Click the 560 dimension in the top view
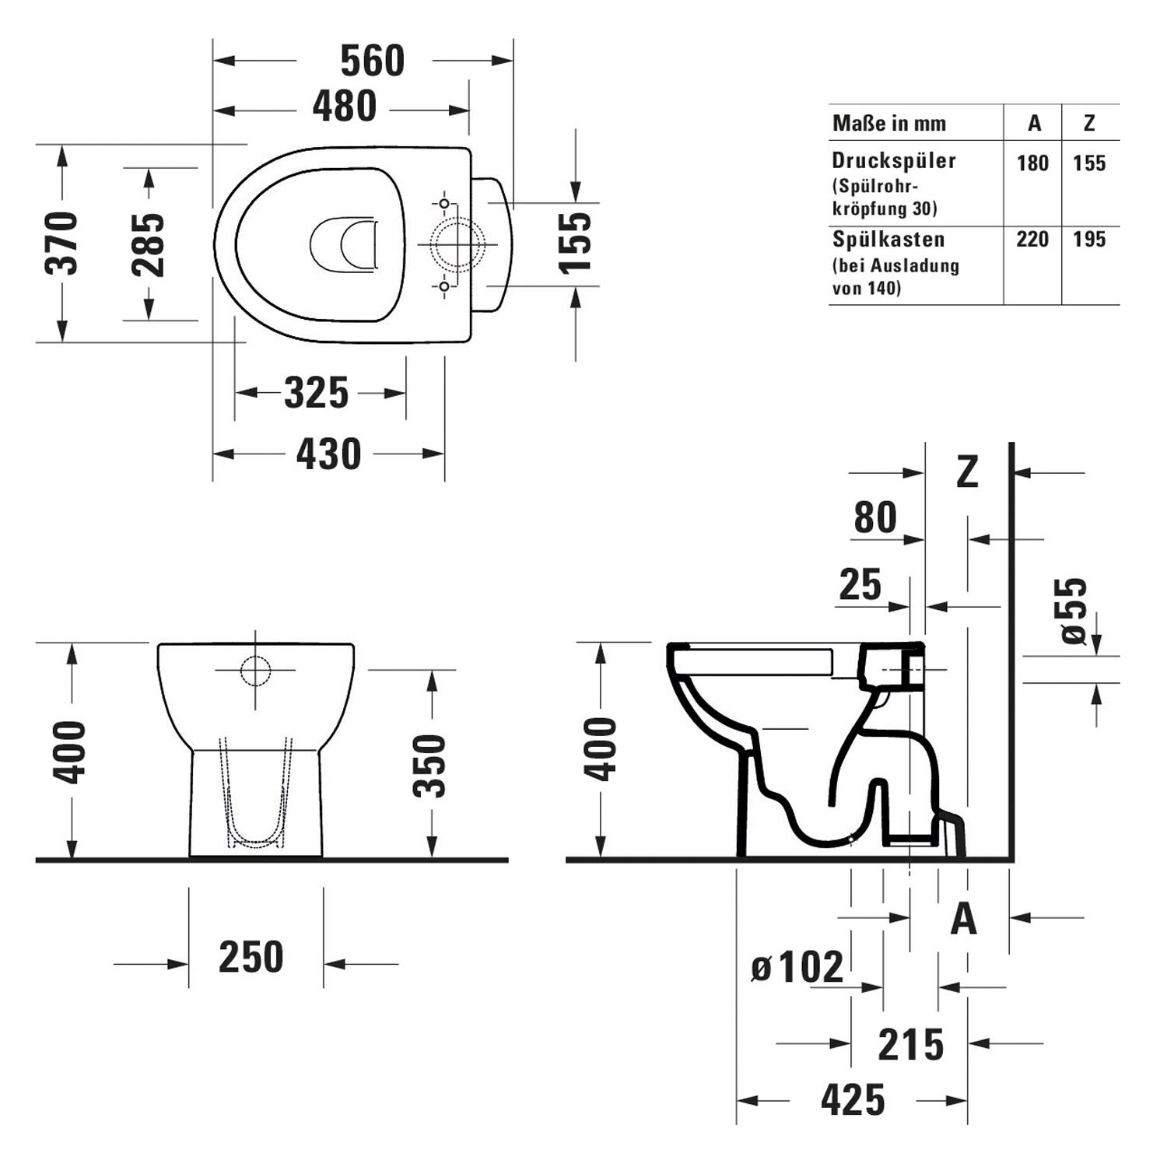pyautogui.click(x=373, y=61)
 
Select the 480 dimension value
pyautogui.click(x=345, y=107)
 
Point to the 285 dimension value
pyautogui.click(x=148, y=244)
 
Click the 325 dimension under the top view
pyautogui.click(x=316, y=393)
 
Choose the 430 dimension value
pyautogui.click(x=328, y=454)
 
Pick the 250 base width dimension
pyautogui.click(x=251, y=957)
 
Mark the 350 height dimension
pyautogui.click(x=429, y=766)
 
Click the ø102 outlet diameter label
pyautogui.click(x=797, y=967)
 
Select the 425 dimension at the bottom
pyautogui.click(x=853, y=1099)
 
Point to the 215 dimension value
pyautogui.click(x=911, y=1045)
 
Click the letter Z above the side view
pyautogui.click(x=967, y=471)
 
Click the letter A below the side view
pyautogui.click(x=964, y=919)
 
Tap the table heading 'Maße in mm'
pyautogui.click(x=889, y=123)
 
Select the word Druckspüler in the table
pyautogui.click(x=894, y=161)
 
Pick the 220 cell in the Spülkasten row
pyautogui.click(x=1032, y=239)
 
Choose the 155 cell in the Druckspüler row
pyautogui.click(x=1089, y=163)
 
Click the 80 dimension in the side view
pyautogui.click(x=875, y=517)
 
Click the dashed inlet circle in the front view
pyautogui.click(x=255, y=671)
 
